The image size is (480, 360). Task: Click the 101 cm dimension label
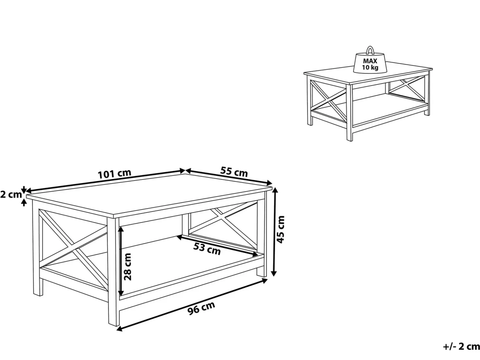(x=114, y=174)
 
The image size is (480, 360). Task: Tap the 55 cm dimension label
(x=234, y=172)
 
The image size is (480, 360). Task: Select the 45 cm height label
(x=280, y=229)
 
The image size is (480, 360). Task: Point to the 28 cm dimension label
(x=127, y=267)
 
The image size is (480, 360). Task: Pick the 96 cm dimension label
(x=201, y=308)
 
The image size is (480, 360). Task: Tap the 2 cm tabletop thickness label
(x=11, y=194)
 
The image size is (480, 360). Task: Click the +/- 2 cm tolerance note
(x=461, y=347)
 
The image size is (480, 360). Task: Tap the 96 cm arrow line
(x=192, y=304)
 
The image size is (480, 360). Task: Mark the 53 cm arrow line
(x=217, y=246)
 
